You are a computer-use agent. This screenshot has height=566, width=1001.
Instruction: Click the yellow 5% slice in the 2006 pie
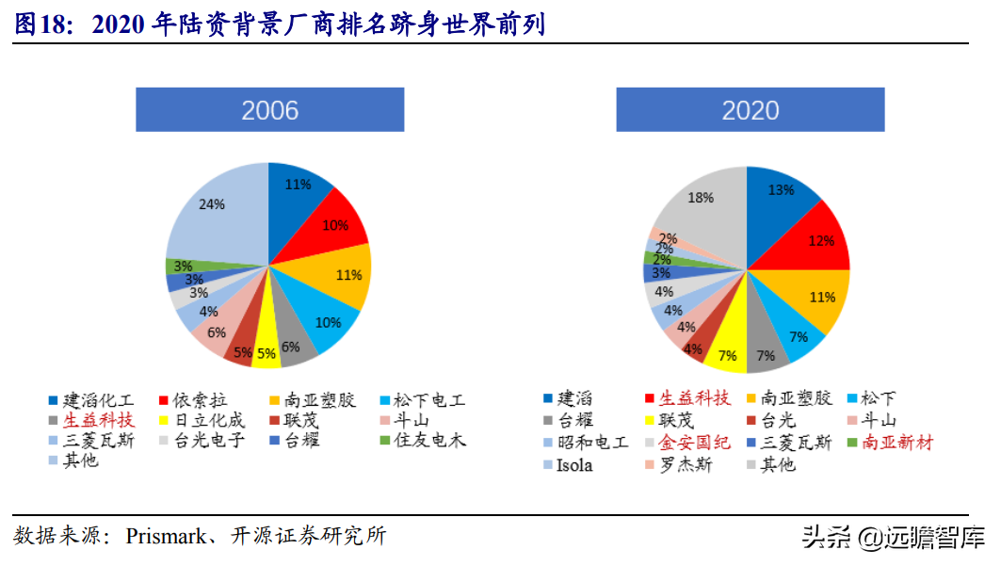click(x=266, y=349)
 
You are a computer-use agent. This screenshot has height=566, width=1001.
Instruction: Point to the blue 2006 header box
click(x=270, y=109)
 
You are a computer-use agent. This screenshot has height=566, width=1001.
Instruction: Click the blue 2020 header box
click(x=751, y=109)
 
